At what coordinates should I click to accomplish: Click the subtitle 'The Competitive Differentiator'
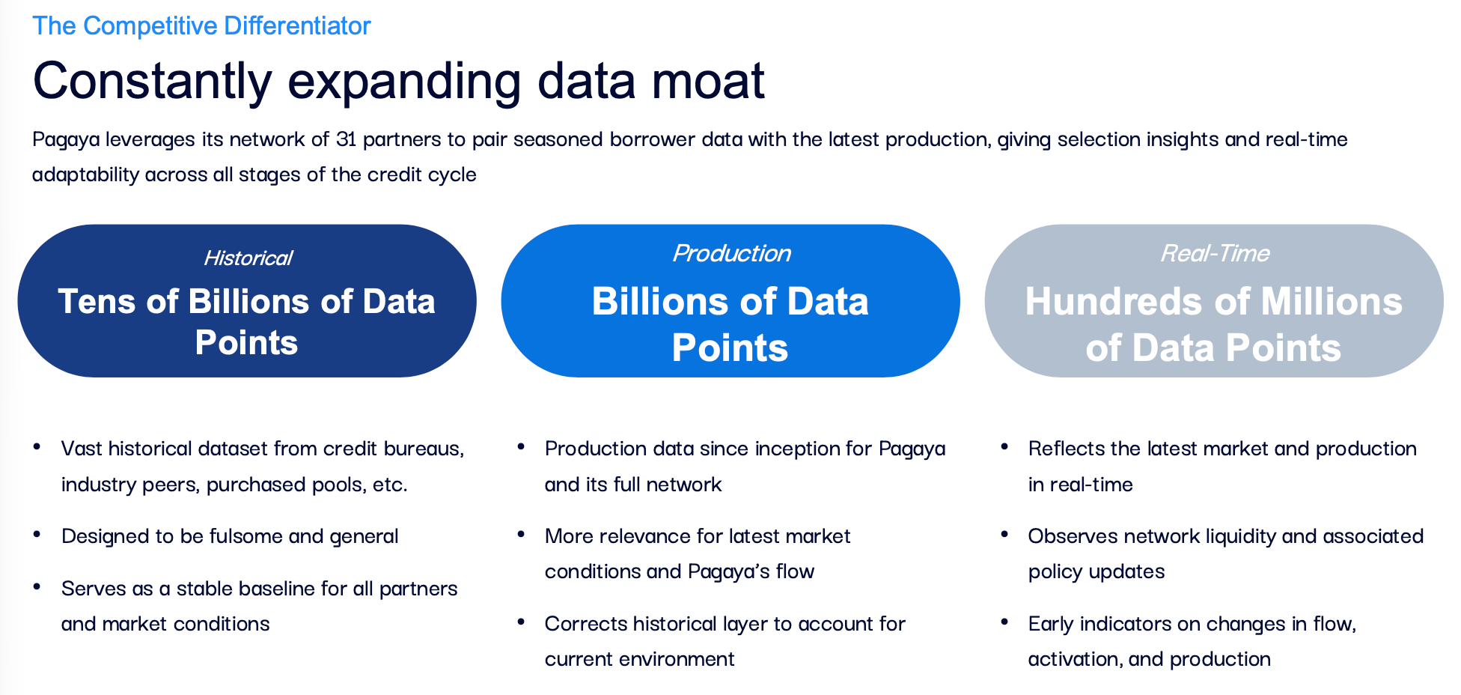(201, 26)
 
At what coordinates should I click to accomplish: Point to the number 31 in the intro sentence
(346, 139)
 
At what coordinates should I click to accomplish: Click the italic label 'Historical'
(248, 258)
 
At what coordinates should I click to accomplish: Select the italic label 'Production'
(731, 254)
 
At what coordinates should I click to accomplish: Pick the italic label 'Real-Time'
(1214, 254)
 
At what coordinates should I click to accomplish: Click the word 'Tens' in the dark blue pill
(97, 302)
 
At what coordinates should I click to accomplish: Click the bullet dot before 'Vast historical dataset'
(37, 447)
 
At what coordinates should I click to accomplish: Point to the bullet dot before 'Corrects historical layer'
(521, 622)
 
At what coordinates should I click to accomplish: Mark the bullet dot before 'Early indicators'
(1004, 622)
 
